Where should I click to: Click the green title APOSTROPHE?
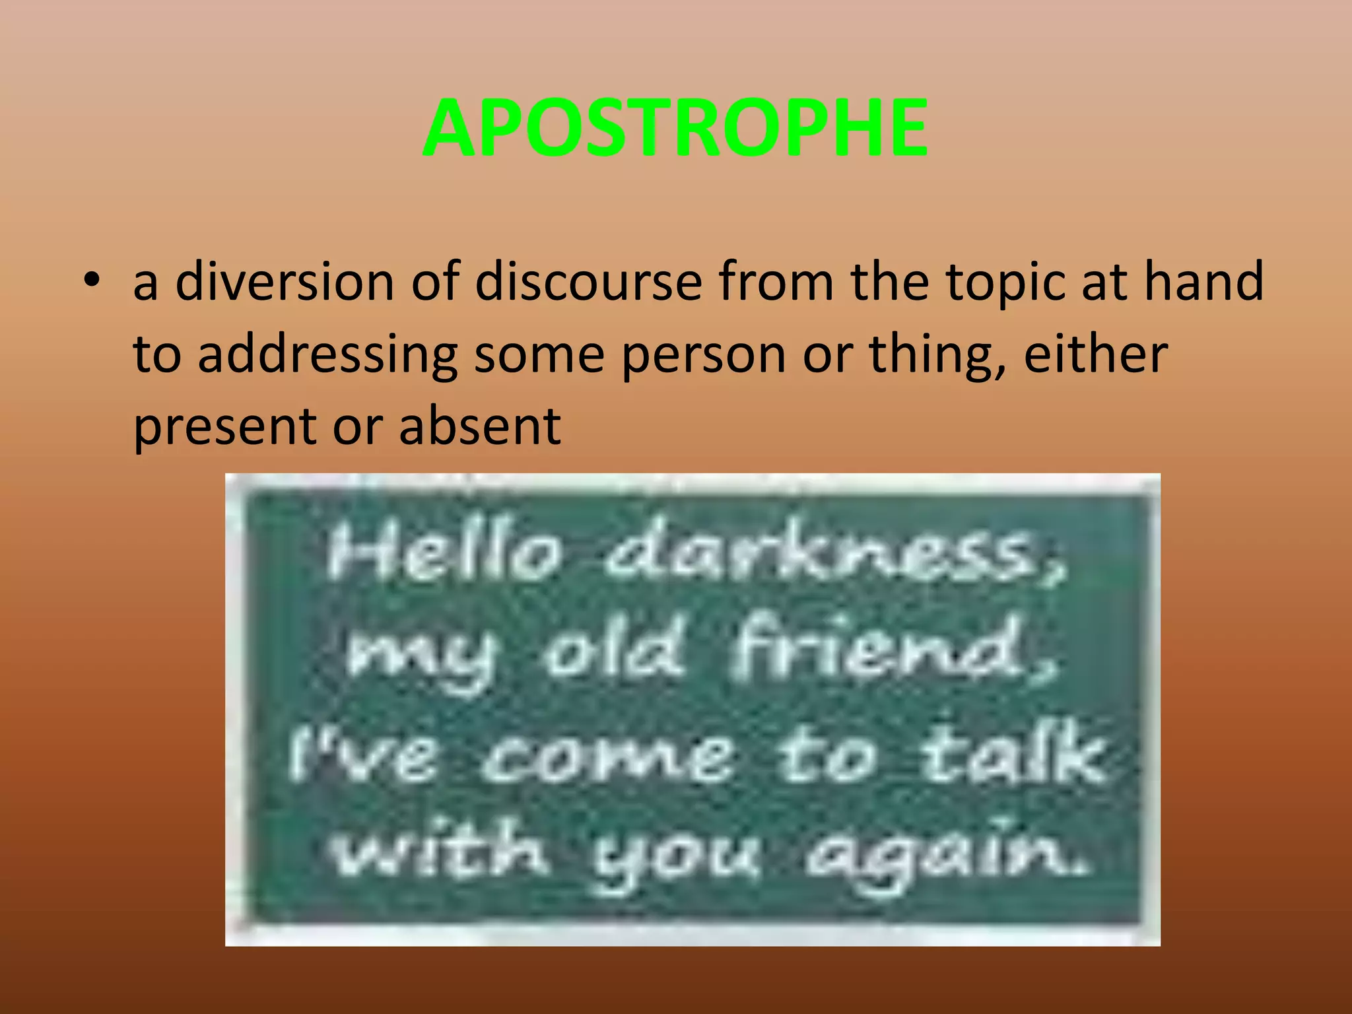[x=675, y=128]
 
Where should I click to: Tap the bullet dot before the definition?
[x=92, y=281]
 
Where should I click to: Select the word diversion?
[x=285, y=282]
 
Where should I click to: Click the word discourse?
[x=588, y=282]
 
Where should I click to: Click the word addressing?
[x=327, y=355]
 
